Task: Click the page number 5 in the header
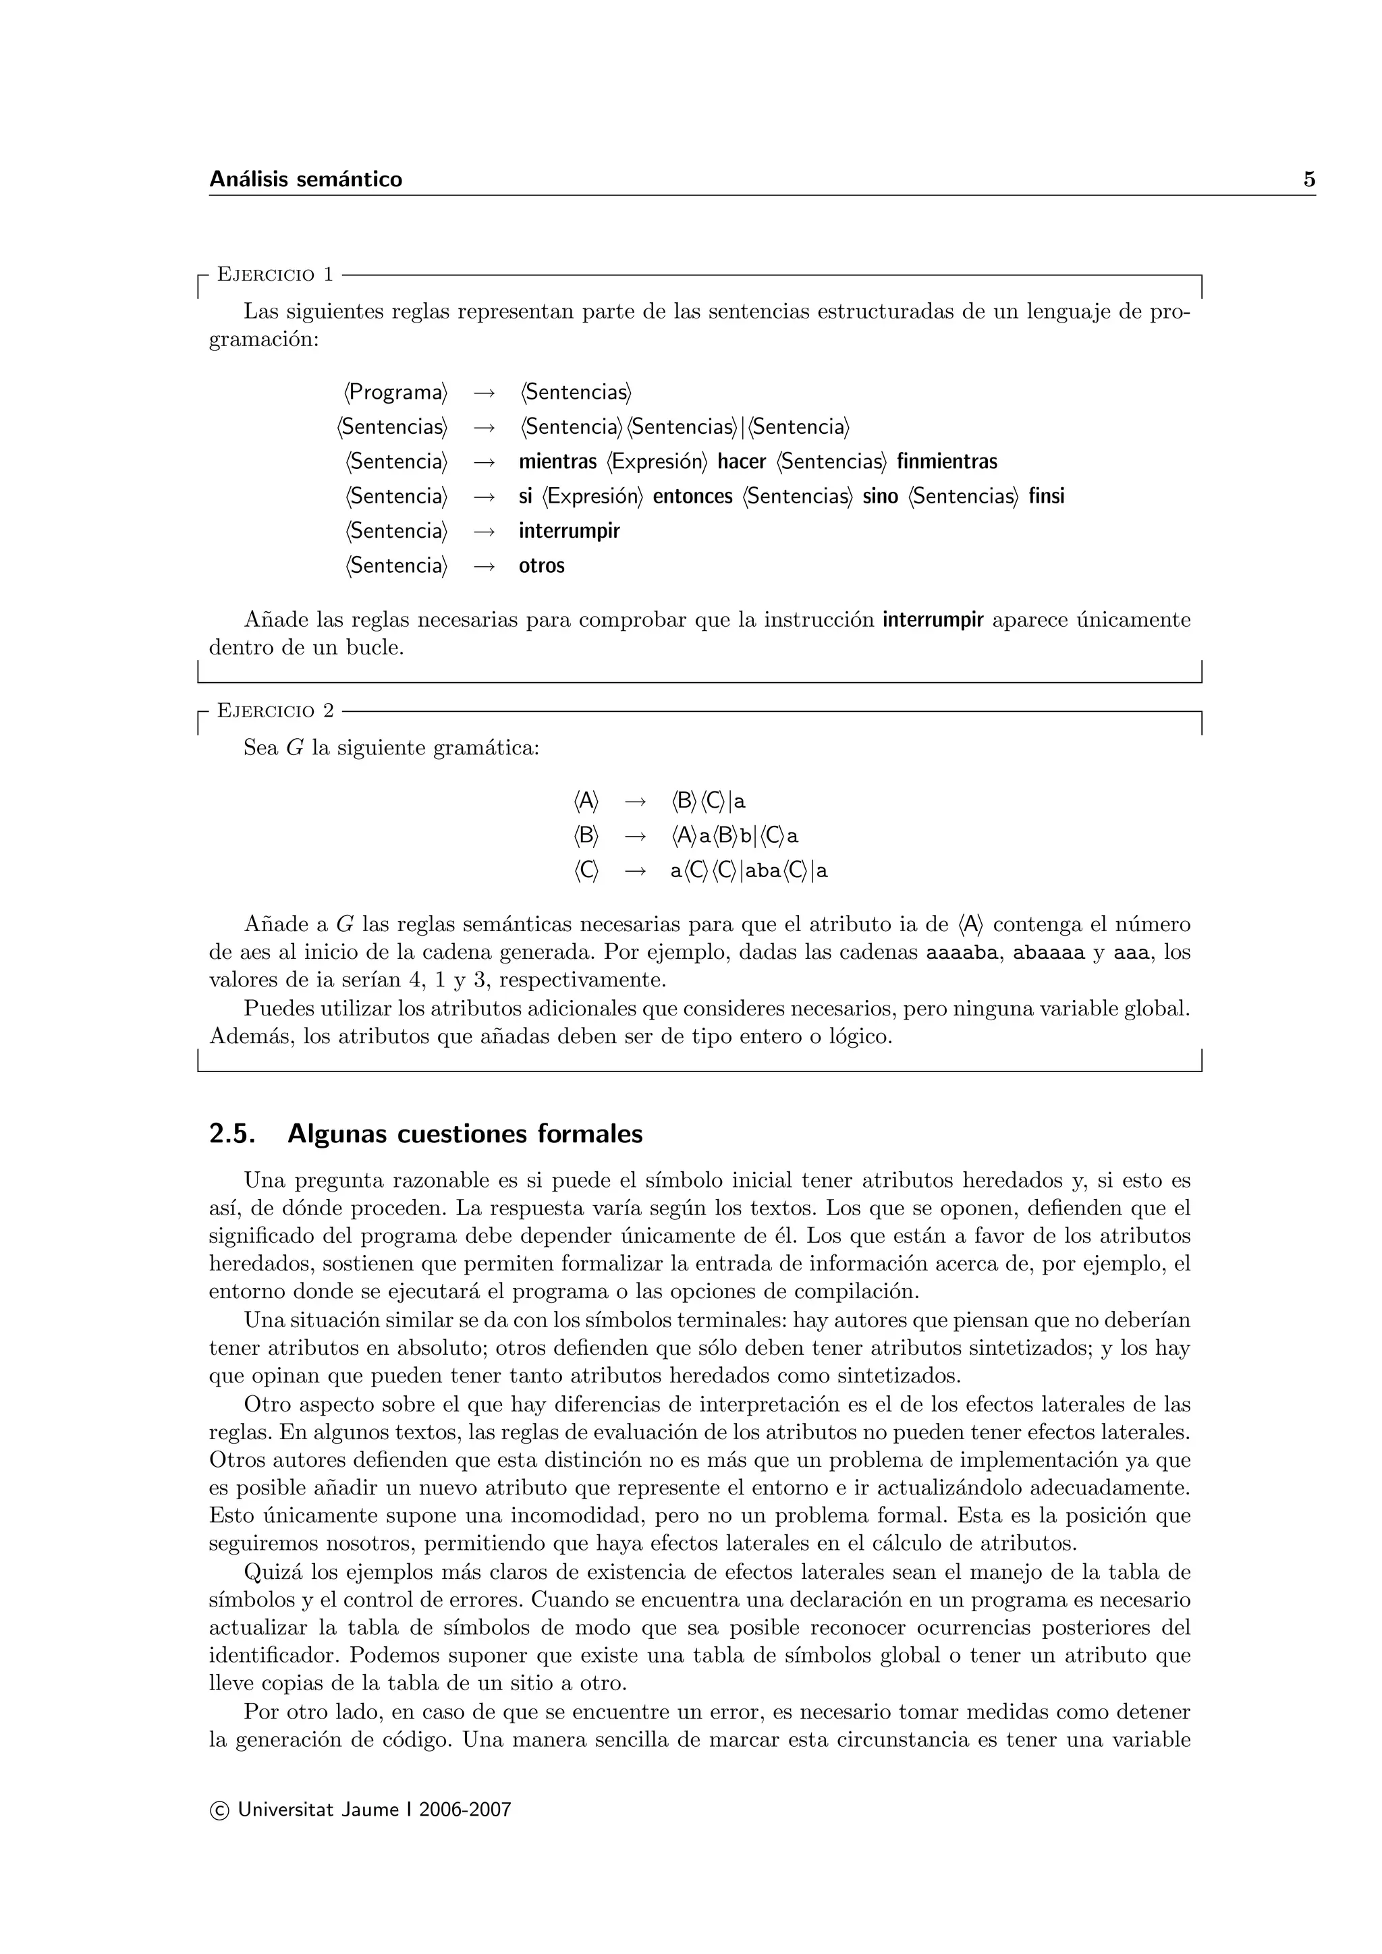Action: [x=1309, y=179]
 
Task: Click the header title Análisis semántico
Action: [x=306, y=179]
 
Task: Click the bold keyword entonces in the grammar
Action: [x=692, y=496]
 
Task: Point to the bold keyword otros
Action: [x=541, y=566]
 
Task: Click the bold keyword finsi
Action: [x=1046, y=496]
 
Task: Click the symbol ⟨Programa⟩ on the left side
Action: [x=395, y=393]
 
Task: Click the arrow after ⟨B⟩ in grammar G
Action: [x=635, y=837]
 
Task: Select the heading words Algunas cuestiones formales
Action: [x=465, y=1134]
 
